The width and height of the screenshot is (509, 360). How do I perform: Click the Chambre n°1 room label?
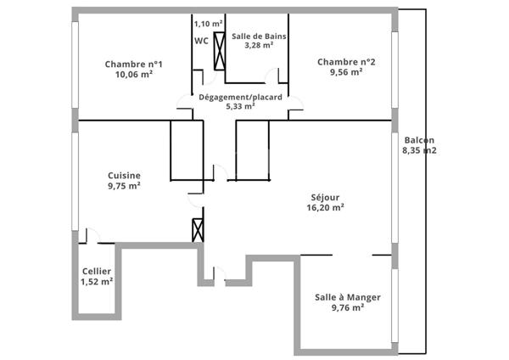(134, 64)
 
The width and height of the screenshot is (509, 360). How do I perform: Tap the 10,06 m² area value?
(134, 75)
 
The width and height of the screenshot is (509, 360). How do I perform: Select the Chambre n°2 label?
(346, 61)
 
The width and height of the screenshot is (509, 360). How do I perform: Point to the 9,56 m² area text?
(346, 72)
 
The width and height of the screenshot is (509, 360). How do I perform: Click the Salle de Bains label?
(258, 35)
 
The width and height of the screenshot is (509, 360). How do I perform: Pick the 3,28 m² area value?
(258, 45)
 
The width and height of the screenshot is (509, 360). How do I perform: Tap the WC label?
(202, 40)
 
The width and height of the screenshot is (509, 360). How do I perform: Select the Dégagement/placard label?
(240, 97)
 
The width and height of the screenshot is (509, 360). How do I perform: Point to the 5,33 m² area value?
(240, 107)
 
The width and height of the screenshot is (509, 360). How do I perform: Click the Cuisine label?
(124, 175)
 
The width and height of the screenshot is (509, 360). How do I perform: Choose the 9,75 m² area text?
(124, 185)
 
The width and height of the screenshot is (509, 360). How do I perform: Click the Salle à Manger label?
(348, 297)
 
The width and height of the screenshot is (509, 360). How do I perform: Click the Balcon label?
(419, 140)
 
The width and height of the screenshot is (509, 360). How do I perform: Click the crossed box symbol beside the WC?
(220, 50)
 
